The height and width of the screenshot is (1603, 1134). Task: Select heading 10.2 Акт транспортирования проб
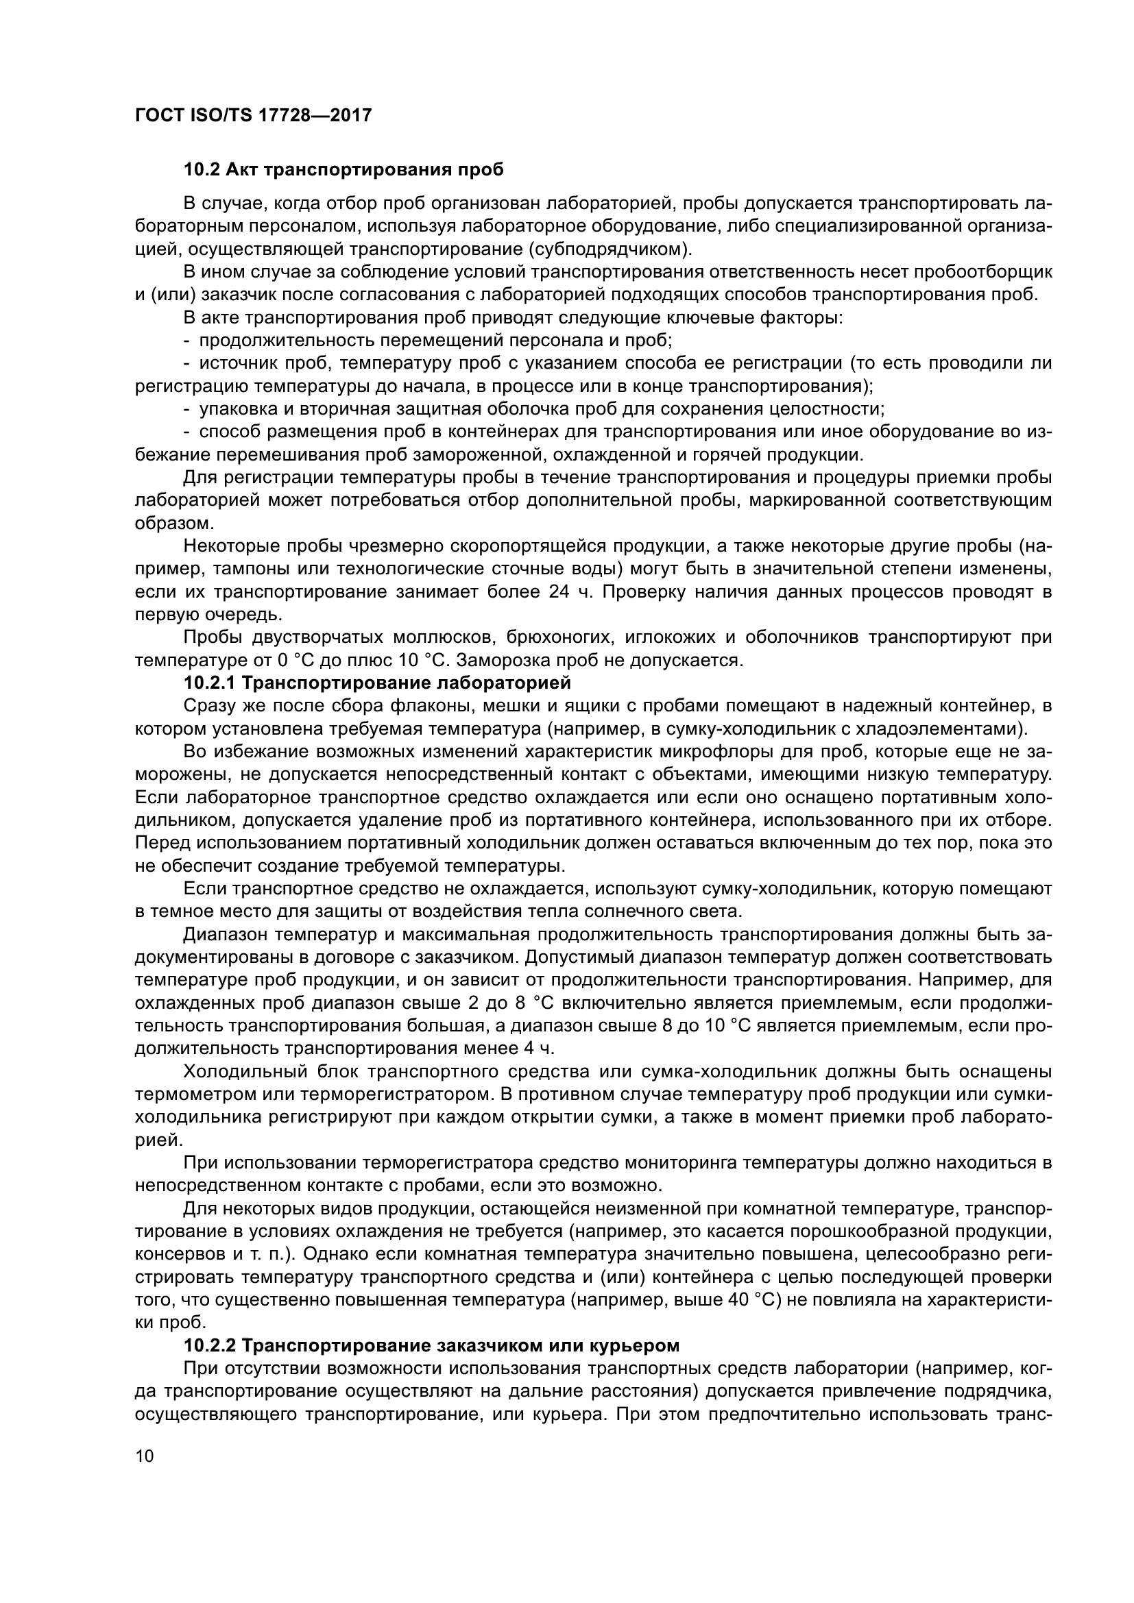coord(343,170)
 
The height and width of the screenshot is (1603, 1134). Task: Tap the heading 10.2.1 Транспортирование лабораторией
coord(377,682)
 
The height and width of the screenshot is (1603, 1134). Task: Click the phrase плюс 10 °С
coord(376,660)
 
